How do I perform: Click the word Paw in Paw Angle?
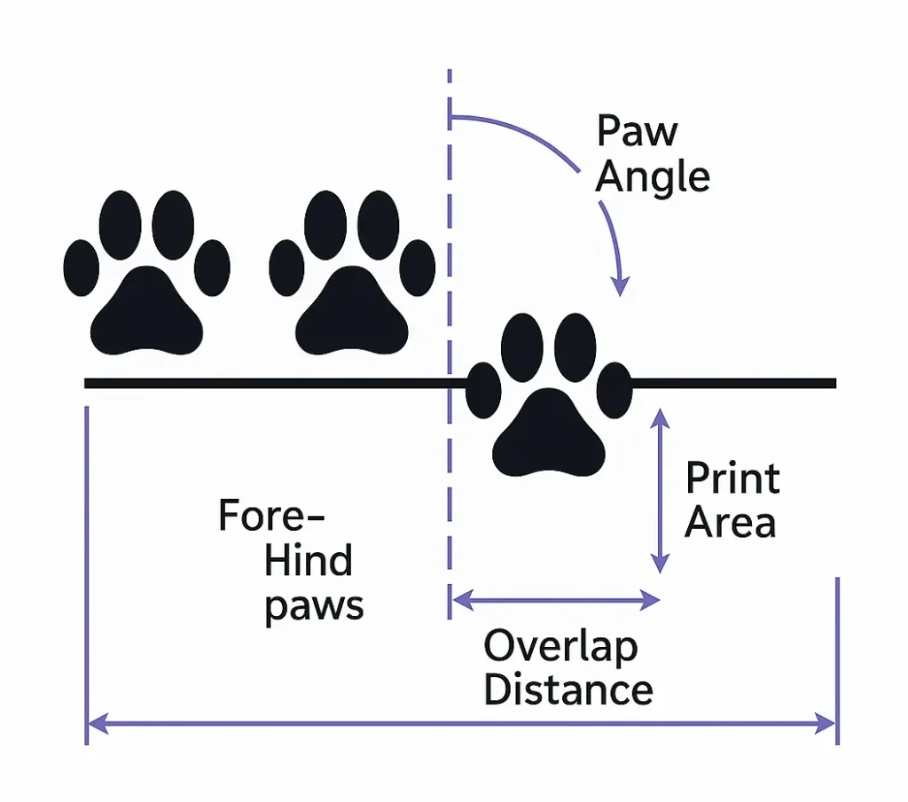tap(638, 133)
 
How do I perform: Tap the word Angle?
tap(653, 177)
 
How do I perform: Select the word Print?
tap(732, 479)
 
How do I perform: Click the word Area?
tap(731, 523)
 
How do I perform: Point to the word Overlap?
tap(560, 648)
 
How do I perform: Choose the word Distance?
tap(568, 690)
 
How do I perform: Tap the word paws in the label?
tap(314, 606)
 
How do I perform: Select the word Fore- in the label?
tap(272, 516)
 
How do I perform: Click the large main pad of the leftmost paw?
tap(147, 312)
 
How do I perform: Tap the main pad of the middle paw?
tap(352, 313)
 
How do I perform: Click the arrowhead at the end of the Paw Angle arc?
tap(621, 285)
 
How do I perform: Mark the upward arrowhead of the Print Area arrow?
tap(659, 417)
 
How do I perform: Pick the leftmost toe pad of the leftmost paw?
tap(81, 266)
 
